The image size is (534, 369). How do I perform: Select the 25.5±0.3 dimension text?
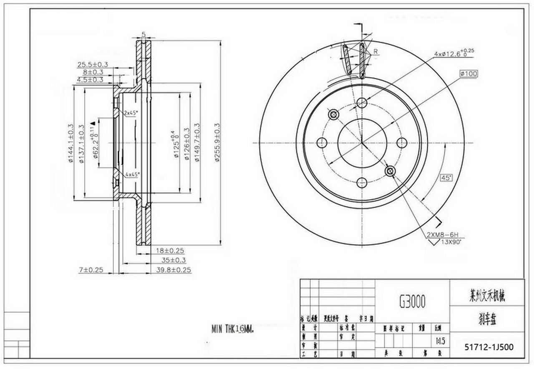pyautogui.click(x=93, y=64)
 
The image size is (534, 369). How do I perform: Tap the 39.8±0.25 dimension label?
pyautogui.click(x=173, y=270)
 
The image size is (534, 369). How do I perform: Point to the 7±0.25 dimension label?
pyautogui.click(x=91, y=270)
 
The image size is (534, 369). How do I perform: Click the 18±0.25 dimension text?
pyautogui.click(x=170, y=251)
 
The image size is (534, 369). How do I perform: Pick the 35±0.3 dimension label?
pyautogui.click(x=174, y=260)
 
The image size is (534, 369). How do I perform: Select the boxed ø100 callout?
pyautogui.click(x=469, y=74)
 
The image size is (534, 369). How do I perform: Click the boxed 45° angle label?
pyautogui.click(x=446, y=178)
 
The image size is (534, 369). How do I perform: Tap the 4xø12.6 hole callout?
pyautogui.click(x=454, y=53)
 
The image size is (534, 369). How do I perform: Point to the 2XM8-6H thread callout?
pyautogui.click(x=445, y=235)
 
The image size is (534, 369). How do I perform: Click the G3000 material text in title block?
pyautogui.click(x=412, y=301)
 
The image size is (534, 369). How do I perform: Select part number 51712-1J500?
pyautogui.click(x=489, y=346)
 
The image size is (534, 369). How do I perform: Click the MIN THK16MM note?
pyautogui.click(x=232, y=329)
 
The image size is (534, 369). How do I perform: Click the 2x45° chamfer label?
pyautogui.click(x=131, y=113)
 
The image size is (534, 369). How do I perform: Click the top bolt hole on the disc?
pyautogui.click(x=362, y=102)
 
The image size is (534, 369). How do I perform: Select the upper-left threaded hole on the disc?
pyautogui.click(x=333, y=115)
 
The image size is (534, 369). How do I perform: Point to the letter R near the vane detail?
pyautogui.click(x=375, y=52)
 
